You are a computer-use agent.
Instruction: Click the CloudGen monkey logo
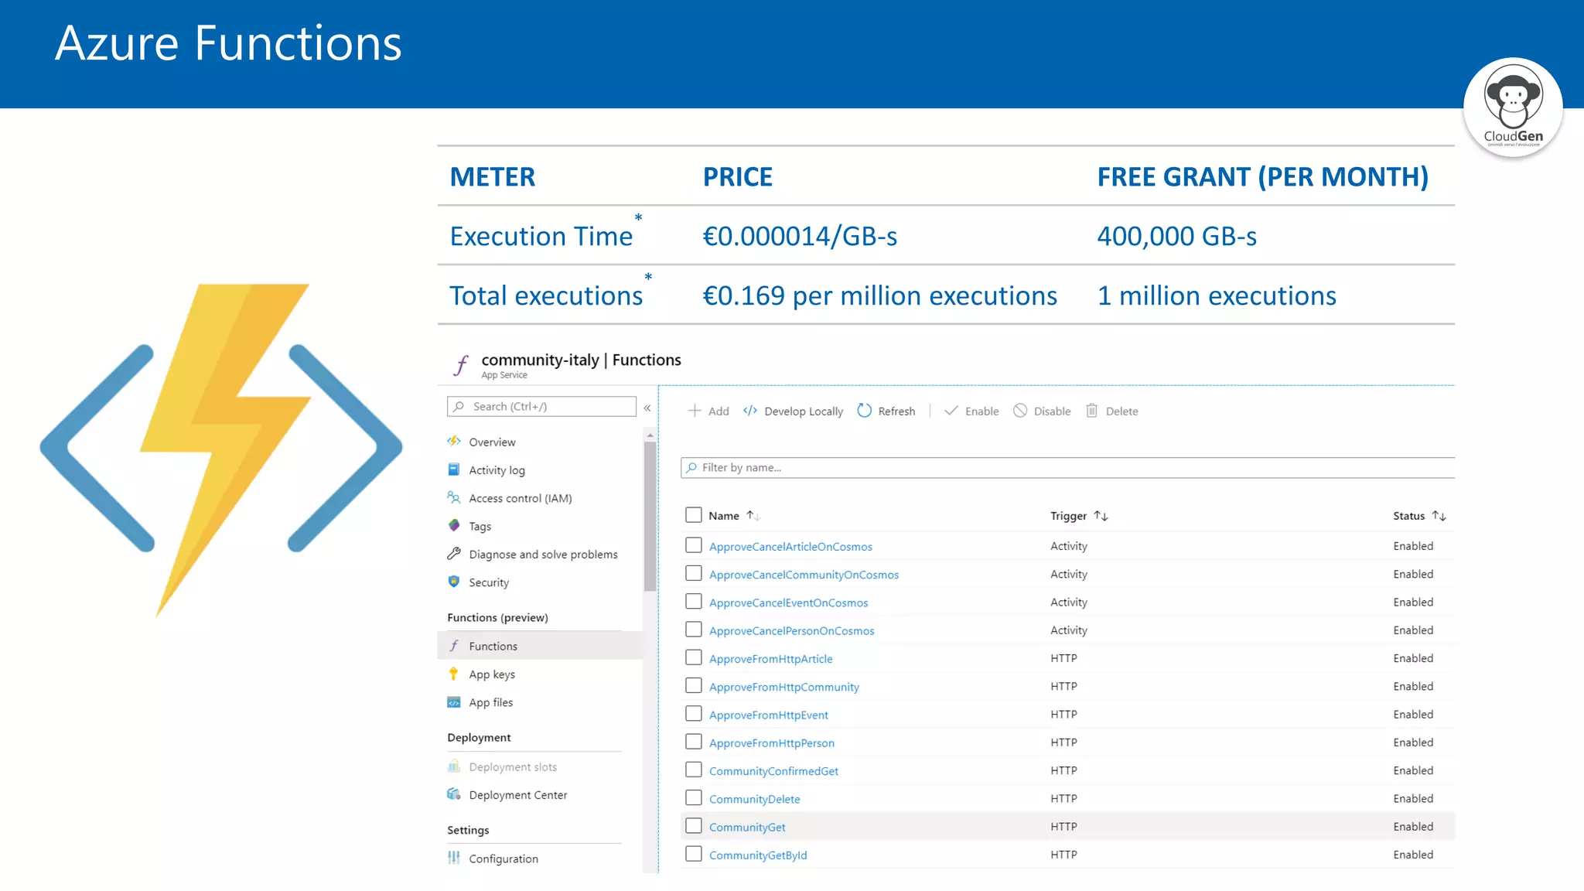(x=1513, y=107)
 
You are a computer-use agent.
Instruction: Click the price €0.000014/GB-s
(x=799, y=236)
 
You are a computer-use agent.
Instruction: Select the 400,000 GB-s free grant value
(x=1176, y=236)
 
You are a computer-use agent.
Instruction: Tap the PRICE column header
(x=737, y=177)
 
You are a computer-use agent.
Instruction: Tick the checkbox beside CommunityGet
(x=694, y=826)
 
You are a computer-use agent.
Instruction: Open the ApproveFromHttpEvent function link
(x=768, y=715)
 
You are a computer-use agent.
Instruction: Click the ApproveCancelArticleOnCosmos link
(x=790, y=547)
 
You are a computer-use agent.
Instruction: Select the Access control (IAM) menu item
(x=520, y=498)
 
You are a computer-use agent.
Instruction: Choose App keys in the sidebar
(x=491, y=674)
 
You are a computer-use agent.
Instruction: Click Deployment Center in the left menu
(x=517, y=795)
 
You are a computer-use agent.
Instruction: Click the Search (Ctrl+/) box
(x=541, y=407)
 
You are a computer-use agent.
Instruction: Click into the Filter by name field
(x=1067, y=468)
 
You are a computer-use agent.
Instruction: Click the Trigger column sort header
(x=1078, y=516)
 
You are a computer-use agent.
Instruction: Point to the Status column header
(x=1418, y=516)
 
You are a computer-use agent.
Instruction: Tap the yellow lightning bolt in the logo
(x=224, y=433)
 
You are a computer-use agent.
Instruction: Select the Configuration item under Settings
(x=503, y=859)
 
